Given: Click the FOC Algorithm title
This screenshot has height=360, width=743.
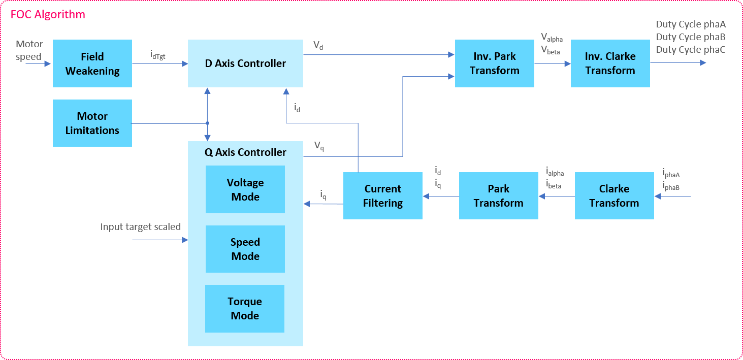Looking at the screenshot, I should (48, 14).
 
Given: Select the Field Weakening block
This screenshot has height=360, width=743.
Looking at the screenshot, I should (92, 63).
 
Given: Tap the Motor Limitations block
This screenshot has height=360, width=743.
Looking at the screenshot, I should (92, 123).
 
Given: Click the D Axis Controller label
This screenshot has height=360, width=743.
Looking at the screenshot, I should (245, 63).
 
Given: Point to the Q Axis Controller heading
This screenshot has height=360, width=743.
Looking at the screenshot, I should (245, 152).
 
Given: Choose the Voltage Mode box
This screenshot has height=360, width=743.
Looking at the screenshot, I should (245, 189).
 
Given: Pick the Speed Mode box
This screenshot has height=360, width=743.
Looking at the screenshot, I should (245, 249).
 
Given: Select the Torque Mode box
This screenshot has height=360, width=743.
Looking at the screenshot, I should (245, 308).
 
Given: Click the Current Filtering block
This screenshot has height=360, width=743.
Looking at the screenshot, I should (383, 196).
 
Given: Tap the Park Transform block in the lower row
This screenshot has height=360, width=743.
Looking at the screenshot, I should (499, 196).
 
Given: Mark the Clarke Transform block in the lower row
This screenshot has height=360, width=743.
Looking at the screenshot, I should (614, 196).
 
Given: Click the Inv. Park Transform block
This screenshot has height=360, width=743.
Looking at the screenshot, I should (495, 63).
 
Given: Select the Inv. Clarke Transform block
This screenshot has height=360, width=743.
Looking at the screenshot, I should (610, 63).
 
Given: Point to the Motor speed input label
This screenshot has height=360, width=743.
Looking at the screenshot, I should (29, 50).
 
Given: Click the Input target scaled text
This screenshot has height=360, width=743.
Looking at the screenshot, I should (140, 227).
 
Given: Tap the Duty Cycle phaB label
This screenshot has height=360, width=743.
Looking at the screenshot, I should (691, 37).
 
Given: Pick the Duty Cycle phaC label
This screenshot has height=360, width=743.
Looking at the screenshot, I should (691, 50).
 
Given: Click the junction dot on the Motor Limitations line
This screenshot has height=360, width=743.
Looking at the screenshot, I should (207, 123).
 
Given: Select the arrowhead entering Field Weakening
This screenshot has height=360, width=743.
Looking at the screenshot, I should (49, 64).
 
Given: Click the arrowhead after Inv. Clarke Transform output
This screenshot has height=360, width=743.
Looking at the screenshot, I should (703, 63).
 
